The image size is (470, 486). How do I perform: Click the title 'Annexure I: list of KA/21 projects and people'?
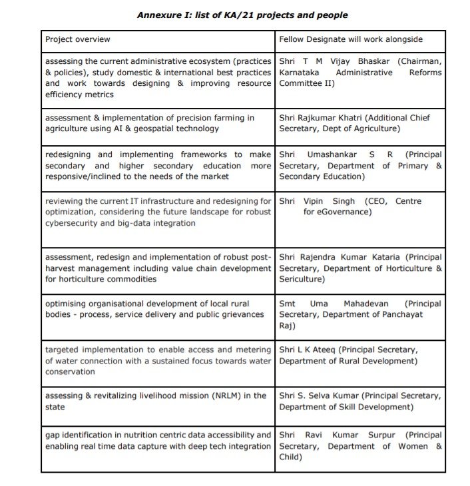(x=242, y=15)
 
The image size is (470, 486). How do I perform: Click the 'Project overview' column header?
(x=78, y=40)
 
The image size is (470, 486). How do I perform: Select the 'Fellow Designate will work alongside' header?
(x=351, y=40)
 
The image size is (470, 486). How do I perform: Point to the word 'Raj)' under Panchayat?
(x=288, y=326)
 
